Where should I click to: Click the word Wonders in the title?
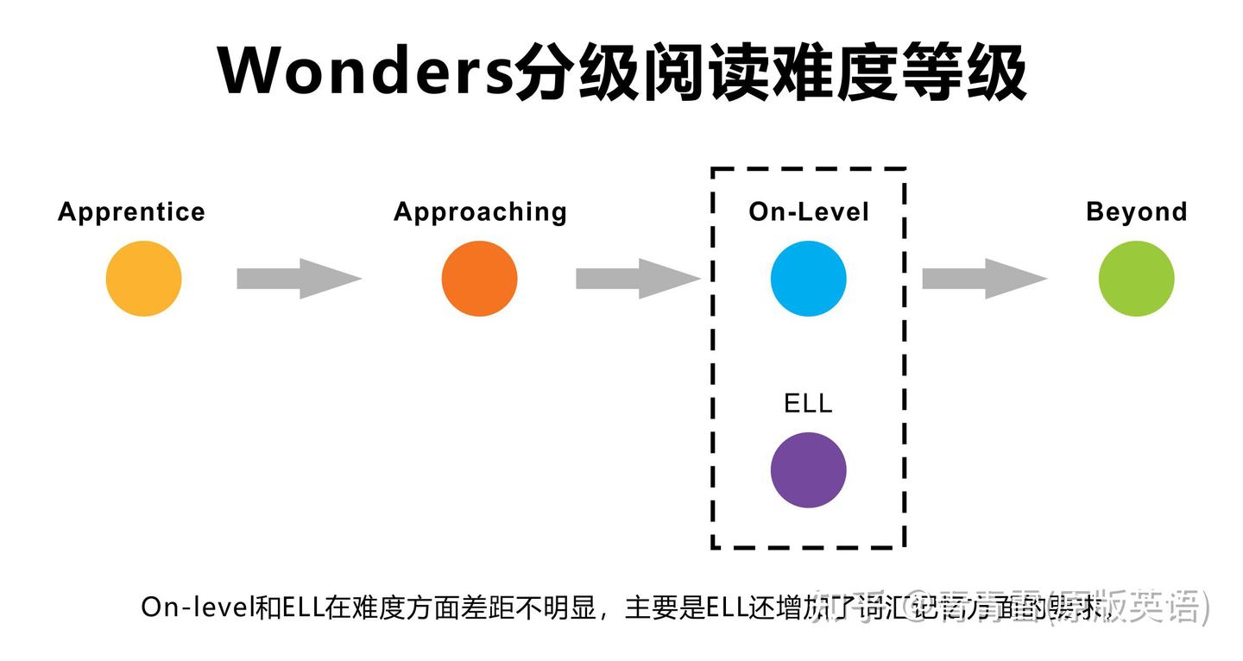point(364,72)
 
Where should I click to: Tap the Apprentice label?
point(131,211)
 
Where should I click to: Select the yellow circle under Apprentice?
point(143,279)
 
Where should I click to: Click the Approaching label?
point(480,211)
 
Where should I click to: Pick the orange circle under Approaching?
point(479,279)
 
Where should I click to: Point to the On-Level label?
point(809,211)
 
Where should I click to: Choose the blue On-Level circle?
point(809,279)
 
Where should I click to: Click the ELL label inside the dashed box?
point(809,404)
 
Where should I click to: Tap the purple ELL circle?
point(809,470)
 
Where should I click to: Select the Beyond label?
point(1136,211)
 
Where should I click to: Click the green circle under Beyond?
point(1136,279)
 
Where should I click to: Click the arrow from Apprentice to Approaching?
point(299,279)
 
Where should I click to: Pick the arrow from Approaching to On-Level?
point(638,279)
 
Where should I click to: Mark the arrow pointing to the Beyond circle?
point(984,279)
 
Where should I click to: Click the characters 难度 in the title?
point(835,72)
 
